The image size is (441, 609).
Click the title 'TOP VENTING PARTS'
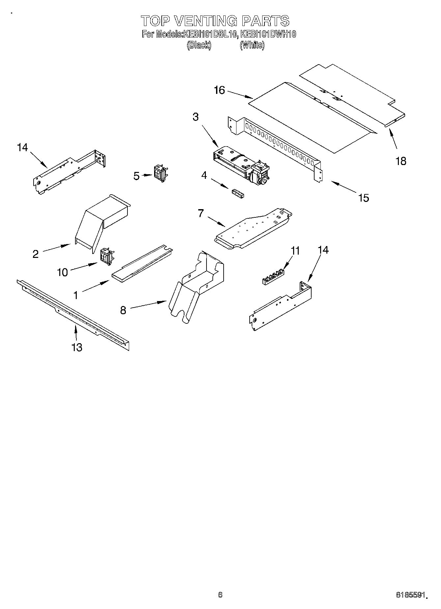tap(215, 21)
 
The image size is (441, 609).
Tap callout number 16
tap(219, 90)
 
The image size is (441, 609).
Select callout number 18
tap(401, 161)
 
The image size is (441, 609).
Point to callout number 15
tap(364, 198)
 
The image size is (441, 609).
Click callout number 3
tap(196, 117)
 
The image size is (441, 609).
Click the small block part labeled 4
tap(238, 193)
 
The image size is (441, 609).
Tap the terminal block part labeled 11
tap(273, 277)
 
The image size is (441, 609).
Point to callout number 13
tap(77, 347)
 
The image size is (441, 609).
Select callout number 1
tap(76, 295)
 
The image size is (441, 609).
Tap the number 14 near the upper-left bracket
tap(22, 147)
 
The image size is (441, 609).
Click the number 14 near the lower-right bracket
tap(323, 250)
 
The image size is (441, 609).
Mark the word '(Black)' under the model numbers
tap(199, 45)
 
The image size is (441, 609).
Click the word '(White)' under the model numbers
tap(252, 45)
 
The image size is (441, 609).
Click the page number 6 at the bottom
tap(220, 595)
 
